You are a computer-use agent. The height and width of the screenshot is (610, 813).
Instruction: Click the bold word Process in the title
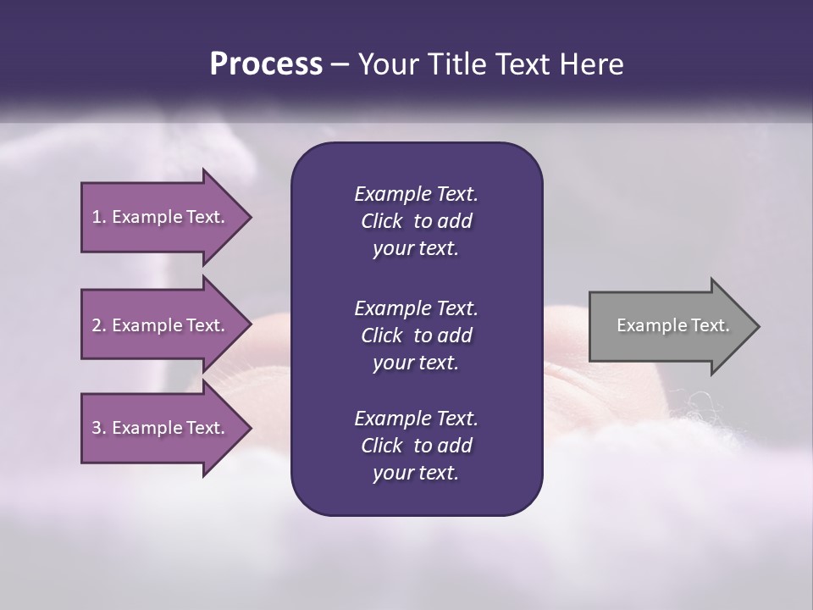[266, 64]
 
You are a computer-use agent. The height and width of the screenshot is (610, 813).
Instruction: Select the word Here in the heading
[592, 64]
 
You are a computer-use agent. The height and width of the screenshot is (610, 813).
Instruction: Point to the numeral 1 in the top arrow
[96, 217]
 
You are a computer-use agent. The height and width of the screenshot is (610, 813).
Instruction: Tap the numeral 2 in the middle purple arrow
[97, 325]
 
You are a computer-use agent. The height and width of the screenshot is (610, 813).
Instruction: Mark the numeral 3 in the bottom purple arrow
[97, 428]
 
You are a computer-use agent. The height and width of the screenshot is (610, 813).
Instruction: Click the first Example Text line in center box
[416, 194]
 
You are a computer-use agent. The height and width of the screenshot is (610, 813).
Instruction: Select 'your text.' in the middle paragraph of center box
[416, 363]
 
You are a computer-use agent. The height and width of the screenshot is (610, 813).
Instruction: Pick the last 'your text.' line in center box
[416, 473]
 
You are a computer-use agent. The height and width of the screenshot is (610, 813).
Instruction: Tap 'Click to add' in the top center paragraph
[416, 221]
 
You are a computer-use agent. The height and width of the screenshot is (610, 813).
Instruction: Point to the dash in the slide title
[340, 64]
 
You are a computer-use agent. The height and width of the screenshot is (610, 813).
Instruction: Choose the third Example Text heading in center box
[416, 419]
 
